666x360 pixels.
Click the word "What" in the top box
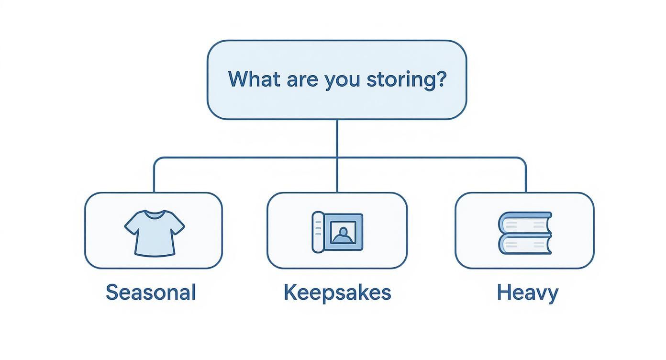point(254,79)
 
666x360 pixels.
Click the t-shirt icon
point(154,232)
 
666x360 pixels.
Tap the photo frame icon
point(337,232)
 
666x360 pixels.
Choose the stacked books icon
point(525,233)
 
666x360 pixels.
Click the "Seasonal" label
point(151,292)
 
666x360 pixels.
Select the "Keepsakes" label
point(337,292)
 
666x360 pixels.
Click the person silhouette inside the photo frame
point(342,235)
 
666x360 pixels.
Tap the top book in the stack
point(525,223)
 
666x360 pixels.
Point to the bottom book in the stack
point(525,244)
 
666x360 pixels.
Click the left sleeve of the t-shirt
point(131,224)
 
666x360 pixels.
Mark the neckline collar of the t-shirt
point(154,214)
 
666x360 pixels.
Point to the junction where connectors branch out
point(337,158)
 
